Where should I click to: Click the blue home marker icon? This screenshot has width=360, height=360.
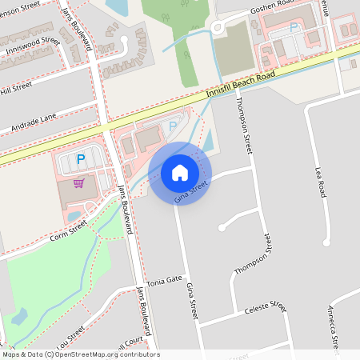click(180, 173)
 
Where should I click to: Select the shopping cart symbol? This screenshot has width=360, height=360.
click(78, 183)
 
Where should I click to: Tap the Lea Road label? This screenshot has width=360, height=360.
click(322, 182)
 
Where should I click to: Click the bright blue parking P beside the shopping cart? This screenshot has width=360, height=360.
click(80, 159)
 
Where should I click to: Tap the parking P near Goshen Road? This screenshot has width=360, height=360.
click(294, 28)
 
